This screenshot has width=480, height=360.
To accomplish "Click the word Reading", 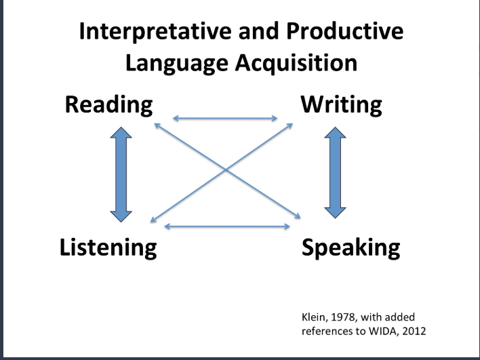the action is (x=108, y=105).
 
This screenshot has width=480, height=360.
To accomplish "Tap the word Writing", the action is (x=341, y=105).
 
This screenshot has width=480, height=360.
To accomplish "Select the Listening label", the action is (x=108, y=247).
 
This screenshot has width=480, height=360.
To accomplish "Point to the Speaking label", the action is (x=351, y=247).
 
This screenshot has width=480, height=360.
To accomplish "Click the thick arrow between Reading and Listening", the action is (x=121, y=174).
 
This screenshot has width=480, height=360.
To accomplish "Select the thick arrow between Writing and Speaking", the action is (x=335, y=173).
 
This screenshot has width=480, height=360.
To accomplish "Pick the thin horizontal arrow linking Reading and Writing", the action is (x=225, y=118).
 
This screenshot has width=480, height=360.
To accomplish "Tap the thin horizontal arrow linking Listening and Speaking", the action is (x=227, y=226).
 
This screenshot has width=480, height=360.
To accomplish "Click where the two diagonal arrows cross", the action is (x=226, y=169).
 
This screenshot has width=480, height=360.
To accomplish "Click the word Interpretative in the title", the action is (x=155, y=32).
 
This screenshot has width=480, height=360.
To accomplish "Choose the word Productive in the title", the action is (x=345, y=31).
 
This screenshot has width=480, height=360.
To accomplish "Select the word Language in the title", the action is (x=177, y=64).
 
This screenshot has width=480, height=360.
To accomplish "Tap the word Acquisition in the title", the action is (x=296, y=63).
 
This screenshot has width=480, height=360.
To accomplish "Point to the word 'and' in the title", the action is (x=258, y=32).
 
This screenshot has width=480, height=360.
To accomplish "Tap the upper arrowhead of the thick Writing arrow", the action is (x=335, y=132).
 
